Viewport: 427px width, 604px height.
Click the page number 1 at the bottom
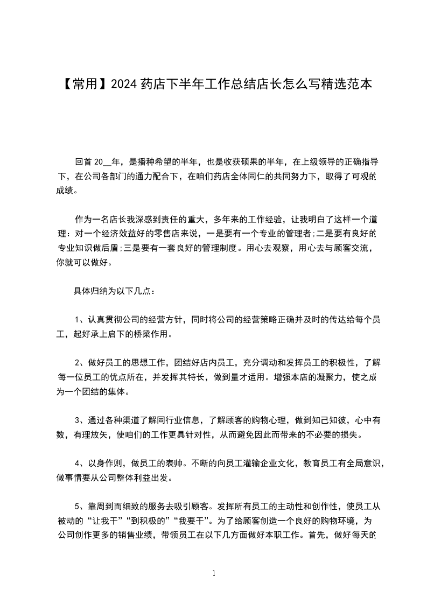pos(214,573)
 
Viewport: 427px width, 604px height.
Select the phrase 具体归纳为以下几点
pos(110,291)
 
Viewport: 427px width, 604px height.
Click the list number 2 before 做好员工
pos(78,363)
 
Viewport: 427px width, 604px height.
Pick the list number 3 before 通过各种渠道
pos(78,420)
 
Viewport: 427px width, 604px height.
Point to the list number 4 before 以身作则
pos(78,462)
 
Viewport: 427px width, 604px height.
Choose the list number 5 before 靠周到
pos(78,506)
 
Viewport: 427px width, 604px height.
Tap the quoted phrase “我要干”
pos(194,521)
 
